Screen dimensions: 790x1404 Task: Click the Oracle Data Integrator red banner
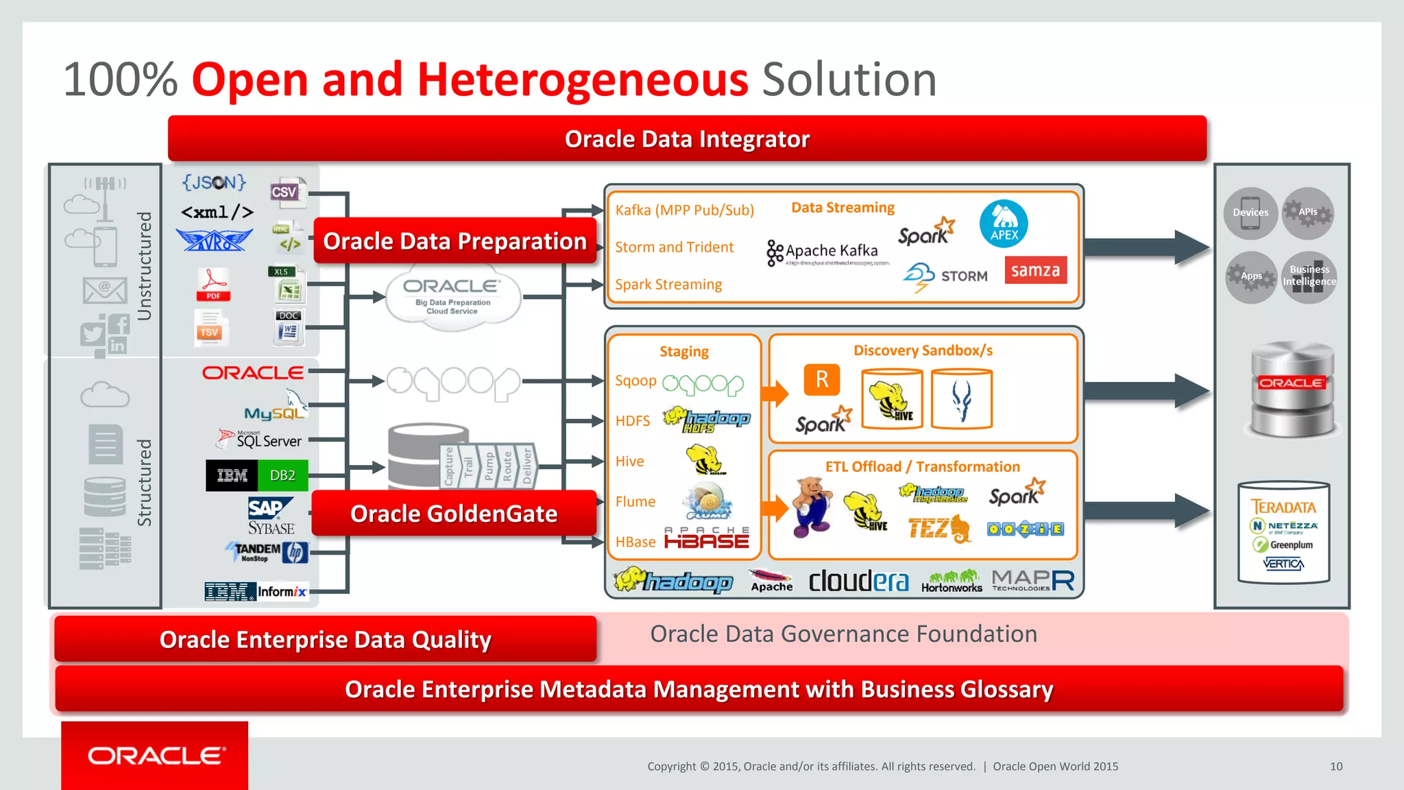(x=687, y=139)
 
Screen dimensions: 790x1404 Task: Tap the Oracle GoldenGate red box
(x=454, y=513)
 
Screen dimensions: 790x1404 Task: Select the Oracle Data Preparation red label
(x=455, y=241)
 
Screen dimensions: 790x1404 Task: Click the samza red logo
(x=1035, y=270)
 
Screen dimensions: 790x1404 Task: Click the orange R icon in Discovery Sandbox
(x=821, y=379)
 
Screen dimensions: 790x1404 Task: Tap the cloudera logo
(x=858, y=581)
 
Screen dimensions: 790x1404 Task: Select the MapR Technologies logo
(x=1032, y=581)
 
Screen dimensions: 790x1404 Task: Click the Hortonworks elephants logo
(x=952, y=581)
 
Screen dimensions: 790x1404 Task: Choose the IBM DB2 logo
(x=257, y=475)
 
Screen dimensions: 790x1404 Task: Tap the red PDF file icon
(x=213, y=285)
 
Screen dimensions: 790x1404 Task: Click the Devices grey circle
(x=1250, y=213)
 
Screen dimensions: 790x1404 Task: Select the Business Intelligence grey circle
(x=1309, y=276)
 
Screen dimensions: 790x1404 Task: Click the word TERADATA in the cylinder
(x=1283, y=507)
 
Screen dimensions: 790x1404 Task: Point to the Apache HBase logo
(x=707, y=538)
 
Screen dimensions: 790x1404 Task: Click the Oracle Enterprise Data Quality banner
(x=326, y=639)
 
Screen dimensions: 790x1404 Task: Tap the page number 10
(x=1336, y=766)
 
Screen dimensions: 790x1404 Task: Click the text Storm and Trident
(x=674, y=247)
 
